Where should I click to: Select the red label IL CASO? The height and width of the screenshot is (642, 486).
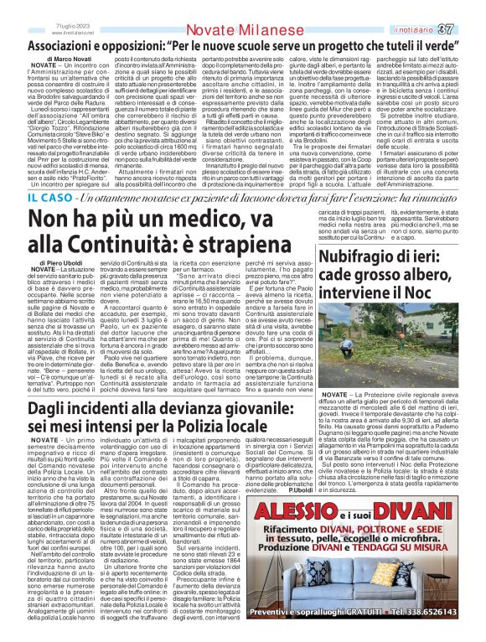tap(26, 199)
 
